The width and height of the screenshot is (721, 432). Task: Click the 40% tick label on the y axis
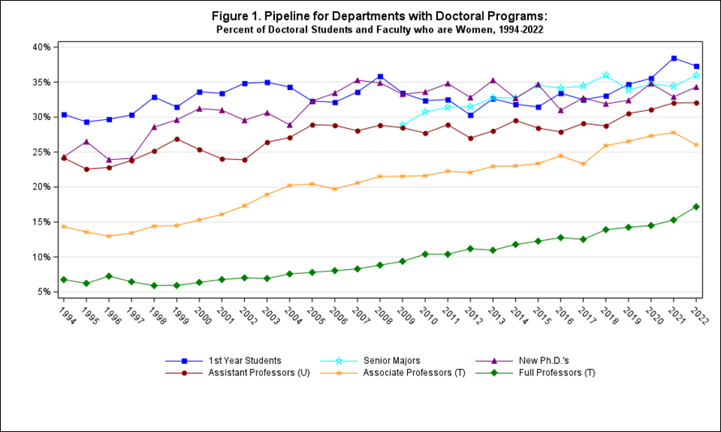point(40,47)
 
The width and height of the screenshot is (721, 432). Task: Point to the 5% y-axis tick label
point(42,292)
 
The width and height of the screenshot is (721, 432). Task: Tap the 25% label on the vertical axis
point(40,152)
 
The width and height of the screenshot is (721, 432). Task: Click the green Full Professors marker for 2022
point(696,207)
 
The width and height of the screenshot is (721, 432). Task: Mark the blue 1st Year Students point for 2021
point(673,58)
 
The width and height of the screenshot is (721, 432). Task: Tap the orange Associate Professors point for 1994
point(63,226)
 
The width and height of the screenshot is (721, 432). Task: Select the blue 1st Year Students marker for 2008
point(380,77)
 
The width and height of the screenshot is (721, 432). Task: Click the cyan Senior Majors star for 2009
point(402,125)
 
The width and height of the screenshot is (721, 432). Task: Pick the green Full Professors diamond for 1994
point(63,280)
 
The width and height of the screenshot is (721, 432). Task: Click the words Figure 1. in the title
point(244,16)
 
